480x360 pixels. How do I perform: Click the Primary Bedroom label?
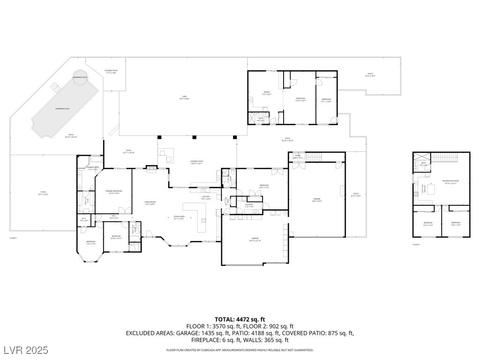pyautogui.click(x=114, y=192)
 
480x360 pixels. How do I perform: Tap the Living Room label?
pyautogui.click(x=150, y=202)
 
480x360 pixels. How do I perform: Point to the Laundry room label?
pyautogui.click(x=249, y=205)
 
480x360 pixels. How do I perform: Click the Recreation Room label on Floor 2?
pyautogui.click(x=451, y=182)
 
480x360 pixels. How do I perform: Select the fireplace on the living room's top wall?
pyautogui.click(x=152, y=169)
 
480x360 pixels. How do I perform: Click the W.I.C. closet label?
pyautogui.click(x=83, y=219)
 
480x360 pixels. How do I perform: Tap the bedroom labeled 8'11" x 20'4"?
pyautogui.click(x=326, y=100)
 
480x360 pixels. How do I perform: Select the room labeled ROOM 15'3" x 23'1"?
pyautogui.click(x=267, y=93)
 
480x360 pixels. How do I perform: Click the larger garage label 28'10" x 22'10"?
pyautogui.click(x=255, y=240)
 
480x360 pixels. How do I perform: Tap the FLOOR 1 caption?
pyautogui.click(x=13, y=238)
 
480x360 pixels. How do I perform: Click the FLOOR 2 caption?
pyautogui.click(x=416, y=244)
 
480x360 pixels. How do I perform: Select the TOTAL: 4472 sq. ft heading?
pyautogui.click(x=240, y=319)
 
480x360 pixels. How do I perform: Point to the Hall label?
pyautogui.click(x=113, y=217)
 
